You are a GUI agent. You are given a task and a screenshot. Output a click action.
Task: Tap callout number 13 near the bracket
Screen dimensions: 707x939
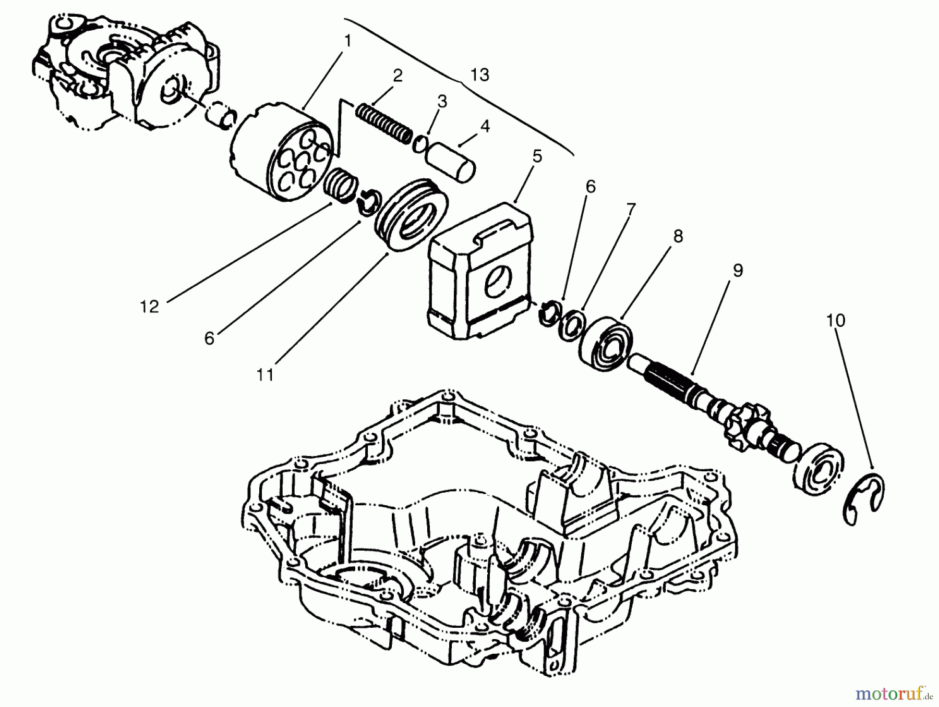(x=479, y=75)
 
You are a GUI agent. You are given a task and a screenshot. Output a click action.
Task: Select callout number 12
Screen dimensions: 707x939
(x=149, y=307)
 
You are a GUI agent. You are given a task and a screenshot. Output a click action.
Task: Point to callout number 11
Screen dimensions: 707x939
(x=265, y=374)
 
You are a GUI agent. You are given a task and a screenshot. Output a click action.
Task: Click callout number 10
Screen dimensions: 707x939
(x=836, y=320)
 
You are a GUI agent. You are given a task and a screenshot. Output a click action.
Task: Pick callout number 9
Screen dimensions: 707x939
(x=738, y=271)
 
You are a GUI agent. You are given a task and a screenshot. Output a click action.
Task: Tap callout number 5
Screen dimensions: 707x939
(x=537, y=156)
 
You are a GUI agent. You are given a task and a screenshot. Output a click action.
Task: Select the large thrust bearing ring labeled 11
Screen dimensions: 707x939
(x=411, y=215)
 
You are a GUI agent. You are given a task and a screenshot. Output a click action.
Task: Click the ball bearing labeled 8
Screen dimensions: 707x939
(x=606, y=343)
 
